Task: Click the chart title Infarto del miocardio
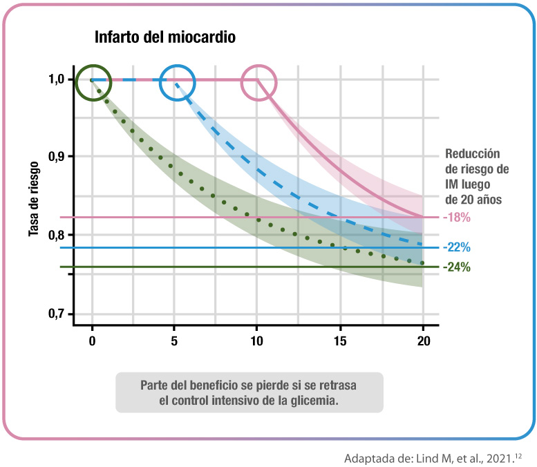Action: click(x=164, y=37)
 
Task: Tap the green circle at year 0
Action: click(x=92, y=82)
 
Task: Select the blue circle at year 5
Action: click(x=178, y=82)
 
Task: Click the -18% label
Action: click(x=457, y=218)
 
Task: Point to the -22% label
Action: click(x=457, y=247)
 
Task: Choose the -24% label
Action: click(x=457, y=267)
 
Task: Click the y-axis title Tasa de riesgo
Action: click(x=33, y=196)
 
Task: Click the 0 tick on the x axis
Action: click(x=92, y=341)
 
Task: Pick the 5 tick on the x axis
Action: click(x=174, y=341)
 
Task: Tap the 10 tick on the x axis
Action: click(x=257, y=341)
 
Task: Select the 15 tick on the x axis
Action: click(x=339, y=341)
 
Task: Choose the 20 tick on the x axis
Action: click(x=423, y=341)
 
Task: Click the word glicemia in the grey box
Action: click(x=313, y=401)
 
